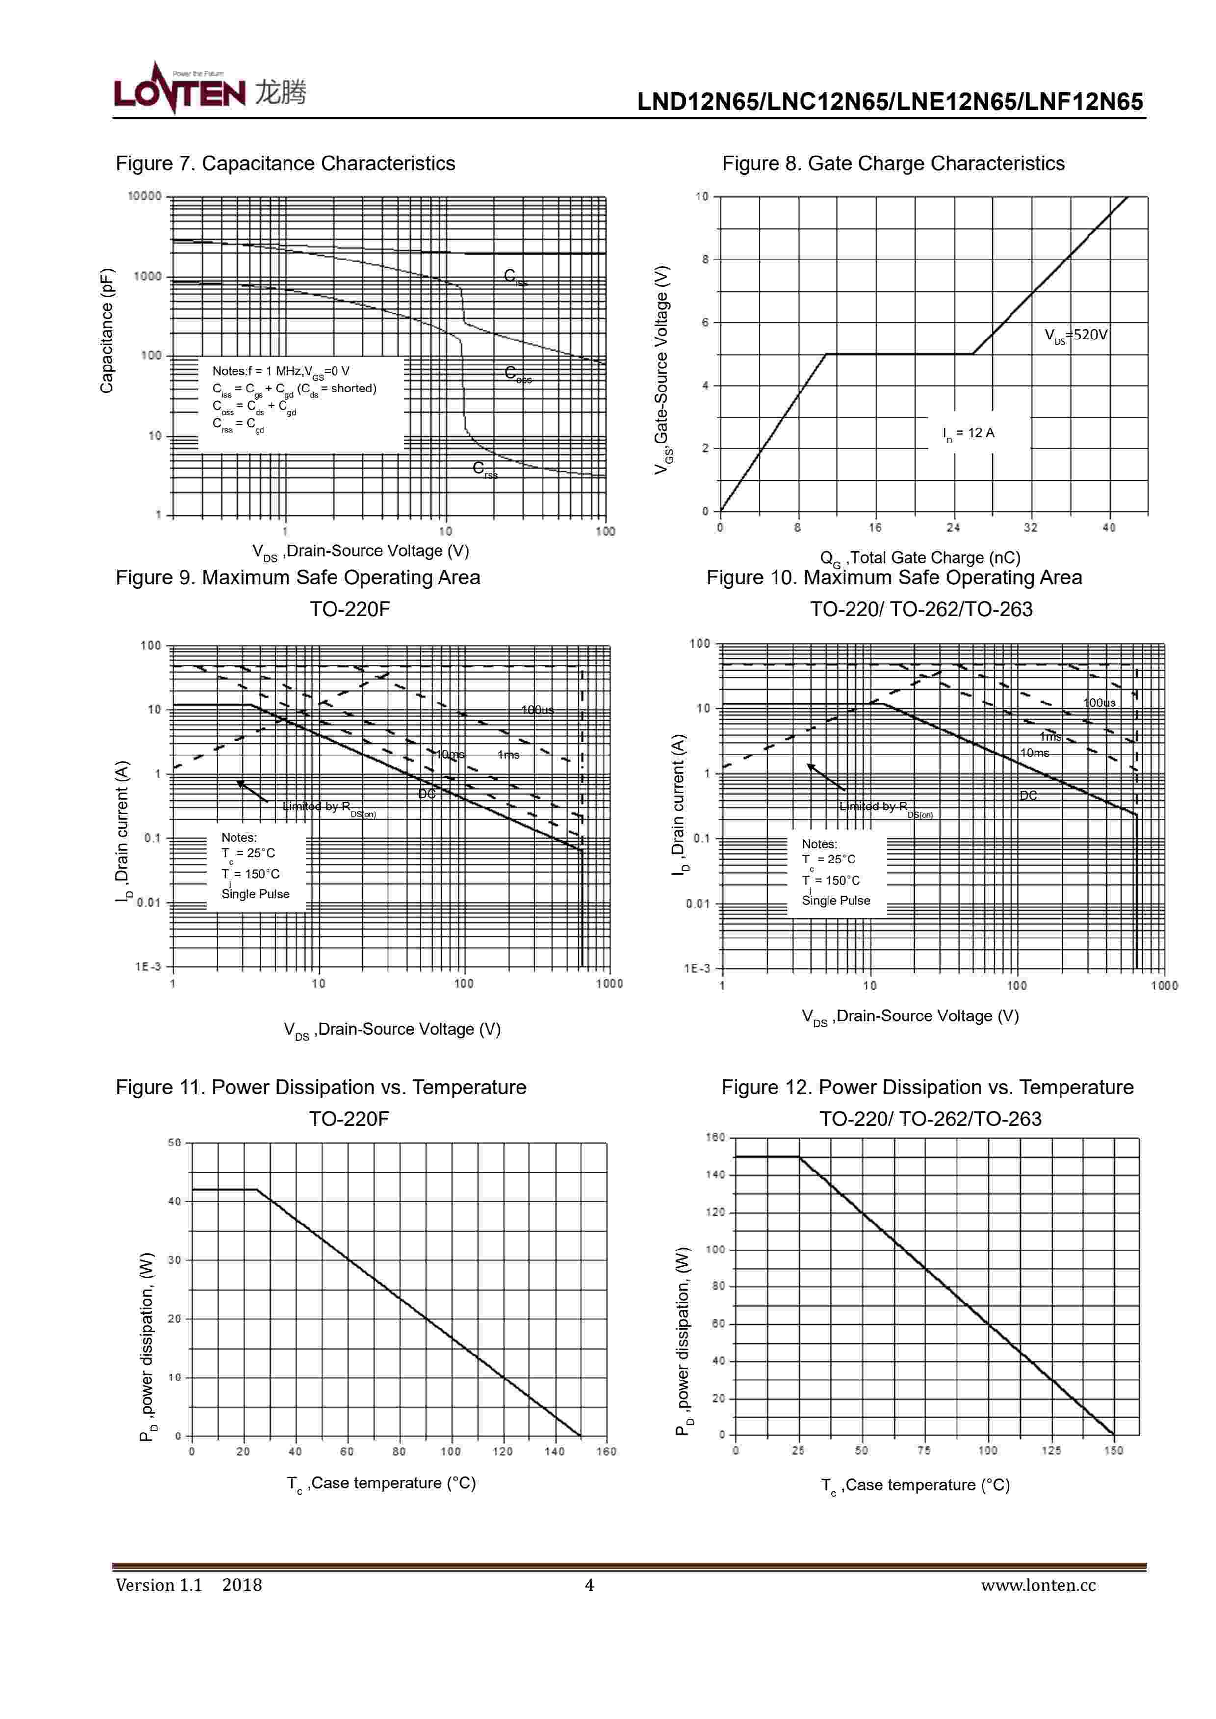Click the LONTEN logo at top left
[209, 90]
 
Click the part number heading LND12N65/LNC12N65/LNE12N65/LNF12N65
[889, 102]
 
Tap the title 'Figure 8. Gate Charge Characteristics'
[893, 163]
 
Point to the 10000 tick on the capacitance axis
[145, 196]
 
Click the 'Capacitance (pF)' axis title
[107, 330]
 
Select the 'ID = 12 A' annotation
[968, 434]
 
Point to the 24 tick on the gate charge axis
[953, 528]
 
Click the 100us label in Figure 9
[538, 710]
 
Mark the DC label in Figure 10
[1028, 795]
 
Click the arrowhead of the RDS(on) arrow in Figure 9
[239, 783]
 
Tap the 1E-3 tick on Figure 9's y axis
[148, 966]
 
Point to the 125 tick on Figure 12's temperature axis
[1051, 1450]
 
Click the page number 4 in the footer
[589, 1585]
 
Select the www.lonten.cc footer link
[1038, 1585]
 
